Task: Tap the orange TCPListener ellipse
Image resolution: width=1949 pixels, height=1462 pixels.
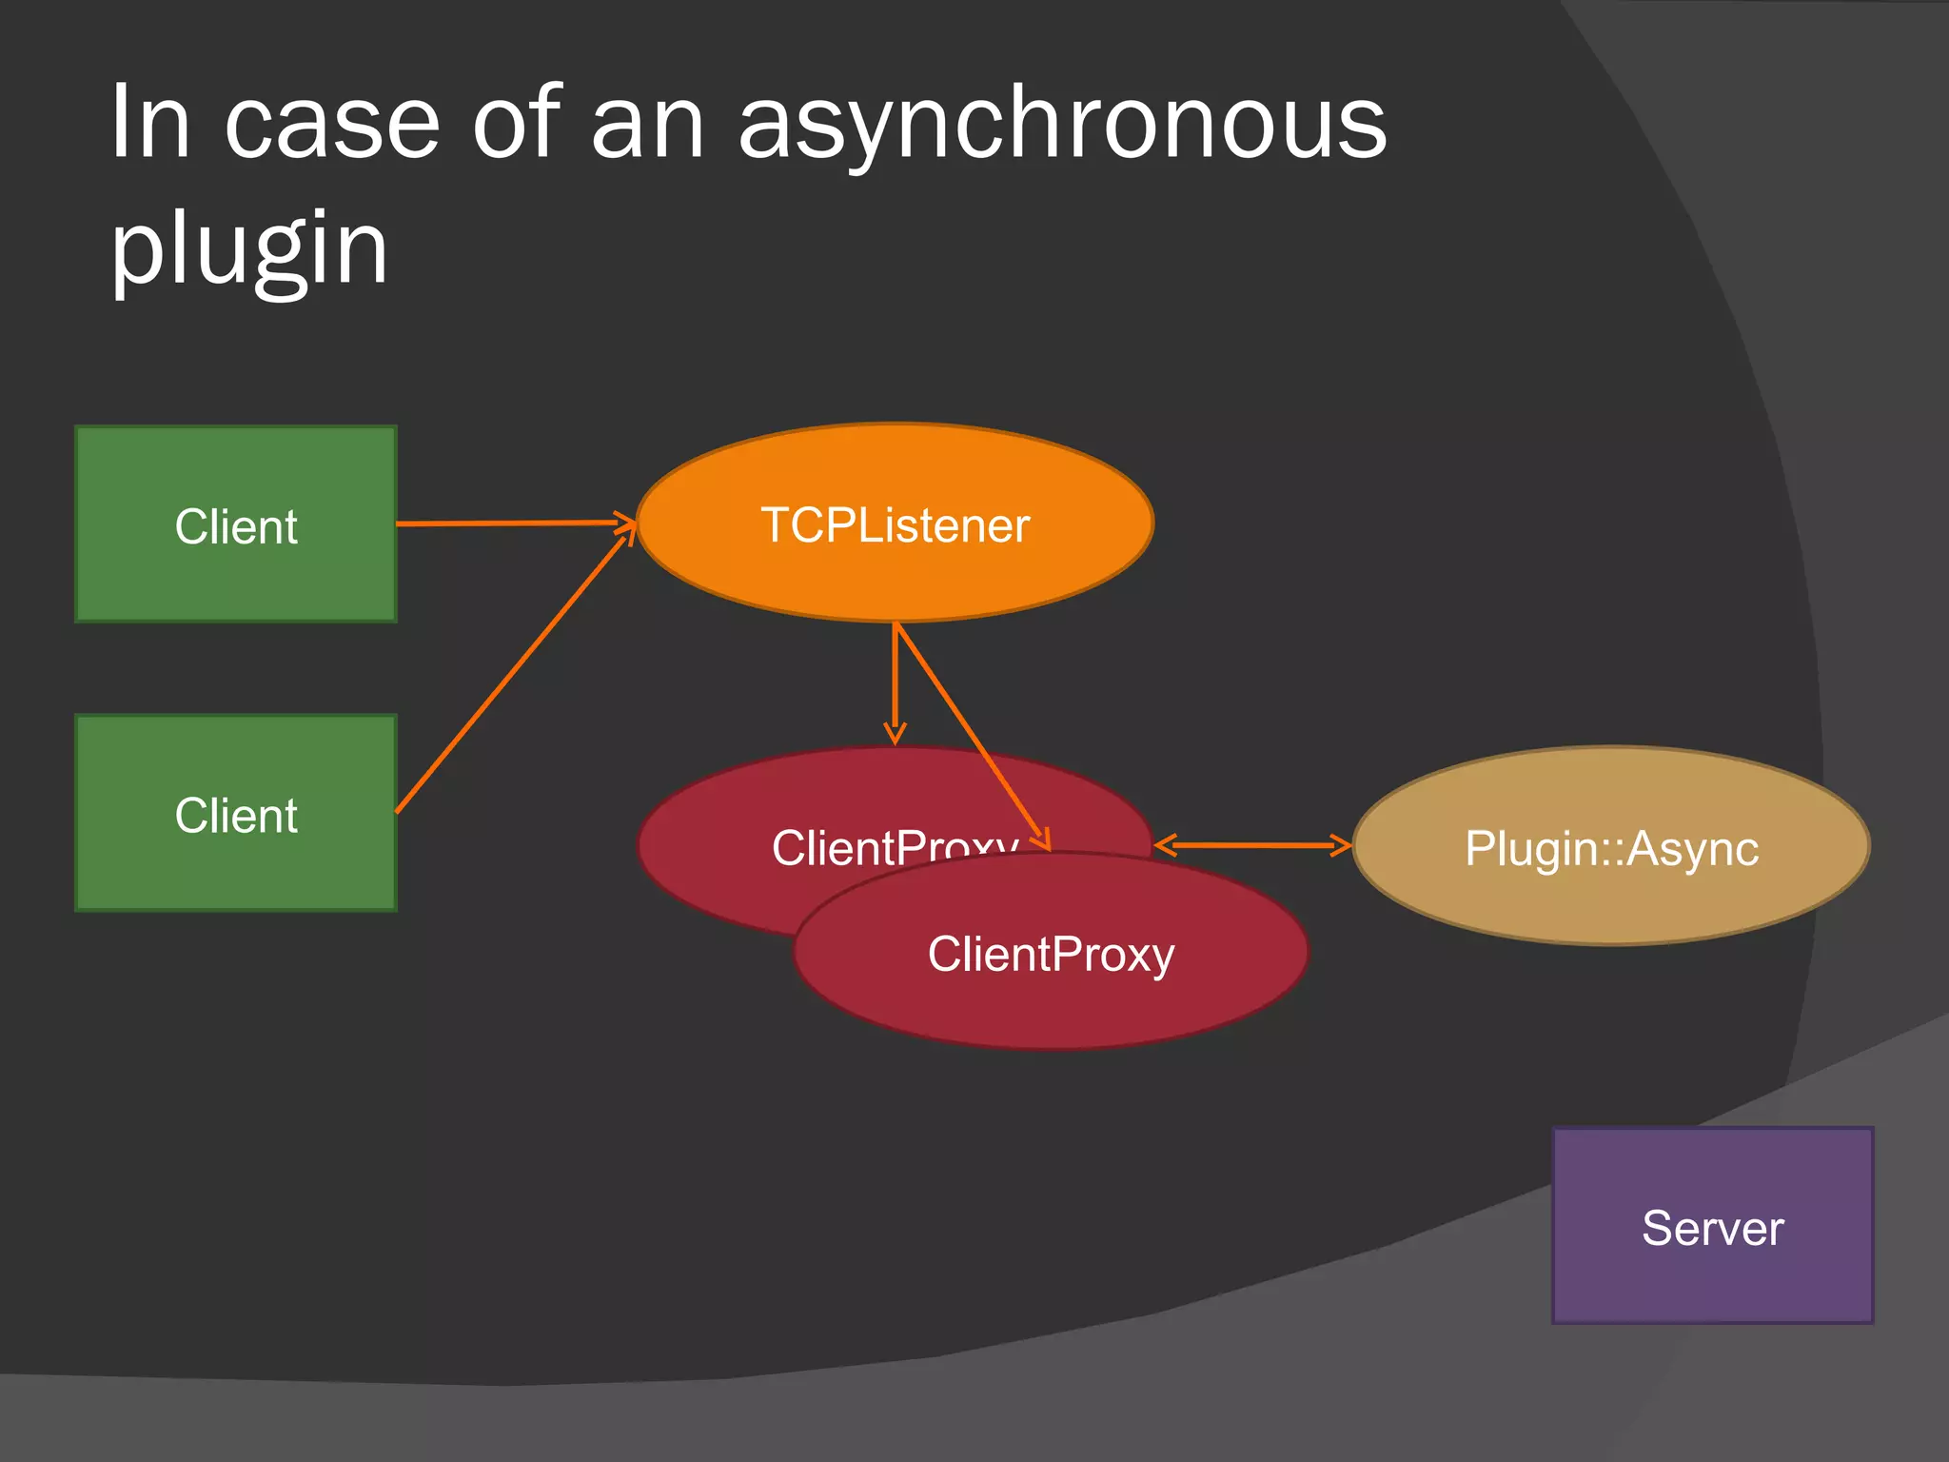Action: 895,571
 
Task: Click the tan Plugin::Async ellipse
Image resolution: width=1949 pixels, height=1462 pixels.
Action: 1610,895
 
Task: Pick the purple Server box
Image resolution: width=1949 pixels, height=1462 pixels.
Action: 1712,1275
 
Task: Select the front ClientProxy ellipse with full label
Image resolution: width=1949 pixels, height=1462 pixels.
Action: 1051,999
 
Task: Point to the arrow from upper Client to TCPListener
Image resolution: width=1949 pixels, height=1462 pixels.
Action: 514,524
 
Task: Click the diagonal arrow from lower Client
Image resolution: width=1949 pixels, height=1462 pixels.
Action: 514,670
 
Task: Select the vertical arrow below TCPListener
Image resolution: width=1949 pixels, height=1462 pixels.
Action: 895,681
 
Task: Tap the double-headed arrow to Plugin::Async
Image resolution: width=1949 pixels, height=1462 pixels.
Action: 1251,845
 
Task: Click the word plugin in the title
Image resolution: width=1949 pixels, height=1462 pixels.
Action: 249,249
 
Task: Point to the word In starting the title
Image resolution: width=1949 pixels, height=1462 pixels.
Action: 149,124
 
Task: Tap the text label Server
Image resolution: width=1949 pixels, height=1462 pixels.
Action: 1712,1228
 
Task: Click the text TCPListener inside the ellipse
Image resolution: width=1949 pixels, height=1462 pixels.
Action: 895,525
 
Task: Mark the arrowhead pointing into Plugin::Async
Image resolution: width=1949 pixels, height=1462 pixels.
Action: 1342,845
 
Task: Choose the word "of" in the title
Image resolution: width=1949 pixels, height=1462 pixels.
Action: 514,124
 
